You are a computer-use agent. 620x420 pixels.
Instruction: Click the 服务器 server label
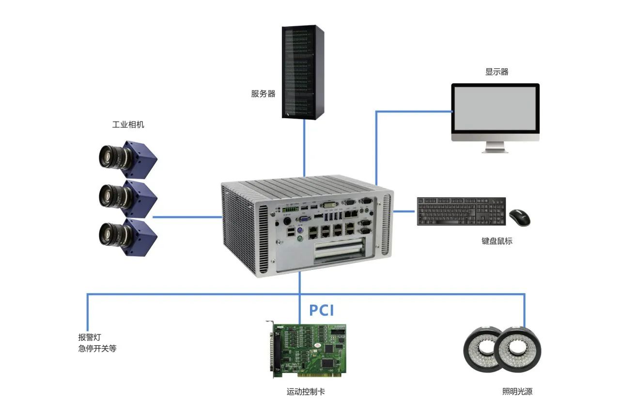coord(263,94)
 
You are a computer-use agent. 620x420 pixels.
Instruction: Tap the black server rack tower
coord(303,72)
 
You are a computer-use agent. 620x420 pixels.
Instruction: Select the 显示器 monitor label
coord(496,72)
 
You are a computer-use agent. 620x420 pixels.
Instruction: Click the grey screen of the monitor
coord(495,109)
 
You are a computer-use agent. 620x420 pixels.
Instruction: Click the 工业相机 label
coord(128,125)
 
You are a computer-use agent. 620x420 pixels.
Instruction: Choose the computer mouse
coord(519,218)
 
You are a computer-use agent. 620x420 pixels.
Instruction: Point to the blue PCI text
coord(322,310)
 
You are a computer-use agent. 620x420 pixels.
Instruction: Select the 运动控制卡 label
coord(306,391)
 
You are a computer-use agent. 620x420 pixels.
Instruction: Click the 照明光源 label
coord(517,391)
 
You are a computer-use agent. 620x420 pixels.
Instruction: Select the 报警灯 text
coord(89,337)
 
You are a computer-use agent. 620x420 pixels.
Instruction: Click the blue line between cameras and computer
coord(186,217)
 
